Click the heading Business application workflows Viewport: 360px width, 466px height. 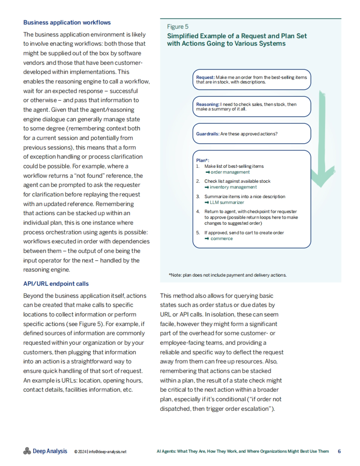tap(67, 22)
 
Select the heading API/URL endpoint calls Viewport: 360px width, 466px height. tap(56, 284)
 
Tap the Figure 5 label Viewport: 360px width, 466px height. tap(178, 27)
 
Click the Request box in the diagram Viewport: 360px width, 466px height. tap(251, 79)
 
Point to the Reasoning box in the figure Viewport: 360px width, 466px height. tap(251, 106)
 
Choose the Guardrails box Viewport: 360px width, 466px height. tap(251, 134)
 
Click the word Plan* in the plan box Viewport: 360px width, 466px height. tap(202, 160)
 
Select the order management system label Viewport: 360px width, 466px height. tap(230, 172)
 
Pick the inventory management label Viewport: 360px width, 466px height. tap(233, 187)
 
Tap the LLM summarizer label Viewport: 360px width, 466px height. tap(227, 203)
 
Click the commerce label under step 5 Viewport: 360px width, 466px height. tap(221, 239)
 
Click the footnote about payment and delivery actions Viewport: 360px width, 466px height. tap(228, 275)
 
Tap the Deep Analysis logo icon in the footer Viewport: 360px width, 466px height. tap(27, 451)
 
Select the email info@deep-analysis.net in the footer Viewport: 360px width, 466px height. tap(108, 452)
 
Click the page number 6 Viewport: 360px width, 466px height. tap(339, 451)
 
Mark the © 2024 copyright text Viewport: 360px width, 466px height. tap(80, 452)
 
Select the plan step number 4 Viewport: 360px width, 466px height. tap(198, 212)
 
